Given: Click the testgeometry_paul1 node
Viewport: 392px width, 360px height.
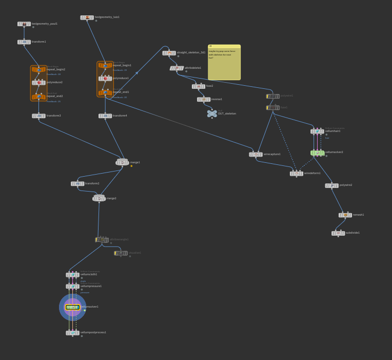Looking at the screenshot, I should tap(24, 24).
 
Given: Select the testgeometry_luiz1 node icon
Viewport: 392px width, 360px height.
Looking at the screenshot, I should tap(87, 17).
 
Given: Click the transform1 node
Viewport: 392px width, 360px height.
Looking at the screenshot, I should tap(24, 42).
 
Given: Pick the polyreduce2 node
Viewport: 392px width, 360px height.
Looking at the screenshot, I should tap(39, 82).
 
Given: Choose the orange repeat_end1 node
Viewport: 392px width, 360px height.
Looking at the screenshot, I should tap(105, 93).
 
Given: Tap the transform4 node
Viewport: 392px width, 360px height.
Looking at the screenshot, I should tap(105, 116).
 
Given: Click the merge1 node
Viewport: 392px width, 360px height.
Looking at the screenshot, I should tap(122, 162).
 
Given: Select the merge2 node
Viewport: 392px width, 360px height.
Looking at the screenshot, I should tap(99, 198).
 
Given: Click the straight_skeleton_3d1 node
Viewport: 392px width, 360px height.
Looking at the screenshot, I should tap(169, 53).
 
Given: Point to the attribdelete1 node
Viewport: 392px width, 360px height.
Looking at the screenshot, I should tap(177, 68).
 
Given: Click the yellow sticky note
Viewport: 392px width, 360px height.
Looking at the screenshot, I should tap(224, 63).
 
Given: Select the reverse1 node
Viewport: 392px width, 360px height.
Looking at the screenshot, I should tap(204, 100).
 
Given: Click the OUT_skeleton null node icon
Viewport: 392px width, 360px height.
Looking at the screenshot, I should tap(212, 113).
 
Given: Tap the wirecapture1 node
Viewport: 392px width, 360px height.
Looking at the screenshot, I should tap(256, 155).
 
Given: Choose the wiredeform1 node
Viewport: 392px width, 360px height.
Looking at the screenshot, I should tap(296, 174).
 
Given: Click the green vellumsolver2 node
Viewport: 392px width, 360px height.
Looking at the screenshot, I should tap(318, 153).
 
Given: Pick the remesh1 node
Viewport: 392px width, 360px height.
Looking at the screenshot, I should tap(345, 215).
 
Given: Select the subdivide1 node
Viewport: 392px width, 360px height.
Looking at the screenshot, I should tap(338, 233).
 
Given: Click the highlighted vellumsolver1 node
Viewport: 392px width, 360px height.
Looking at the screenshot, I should tap(72, 307).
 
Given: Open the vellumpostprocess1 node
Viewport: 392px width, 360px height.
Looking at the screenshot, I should tap(72, 333).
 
